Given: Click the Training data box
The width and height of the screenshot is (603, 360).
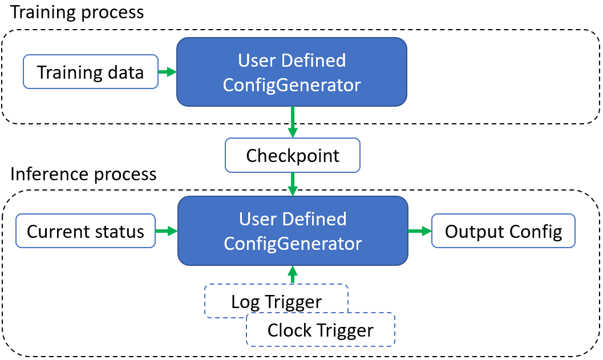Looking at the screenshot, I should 90,72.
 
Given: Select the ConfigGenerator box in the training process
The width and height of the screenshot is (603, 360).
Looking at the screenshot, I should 292,72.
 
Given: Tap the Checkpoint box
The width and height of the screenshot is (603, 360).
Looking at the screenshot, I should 293,155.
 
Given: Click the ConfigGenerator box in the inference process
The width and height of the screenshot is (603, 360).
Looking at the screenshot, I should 293,230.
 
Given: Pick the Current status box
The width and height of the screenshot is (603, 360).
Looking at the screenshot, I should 86,231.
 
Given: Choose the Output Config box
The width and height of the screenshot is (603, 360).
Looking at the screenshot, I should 503,231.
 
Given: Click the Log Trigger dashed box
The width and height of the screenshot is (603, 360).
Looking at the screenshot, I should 276,301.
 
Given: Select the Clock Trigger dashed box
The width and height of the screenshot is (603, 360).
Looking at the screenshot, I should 320,329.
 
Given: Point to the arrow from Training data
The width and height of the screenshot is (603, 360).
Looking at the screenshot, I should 167,72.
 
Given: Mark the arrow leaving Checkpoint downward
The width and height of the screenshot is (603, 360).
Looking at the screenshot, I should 293,184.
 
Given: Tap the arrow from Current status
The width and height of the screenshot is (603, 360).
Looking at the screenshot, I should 166,231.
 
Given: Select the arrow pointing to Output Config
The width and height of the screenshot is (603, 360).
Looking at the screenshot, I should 419,231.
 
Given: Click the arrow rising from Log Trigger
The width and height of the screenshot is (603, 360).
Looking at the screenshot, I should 293,274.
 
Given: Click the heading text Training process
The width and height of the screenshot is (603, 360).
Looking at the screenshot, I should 77,12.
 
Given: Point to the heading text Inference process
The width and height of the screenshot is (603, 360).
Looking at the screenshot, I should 83,173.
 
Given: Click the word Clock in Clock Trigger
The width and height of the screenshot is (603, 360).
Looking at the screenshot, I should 289,330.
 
